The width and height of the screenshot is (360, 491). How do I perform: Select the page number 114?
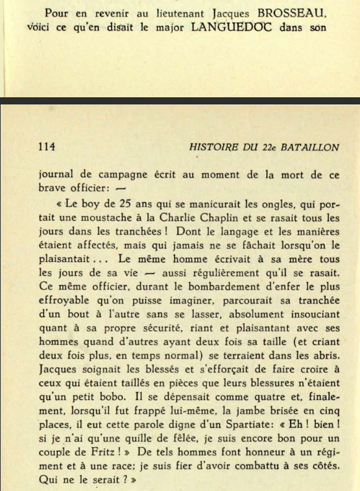(48, 147)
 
